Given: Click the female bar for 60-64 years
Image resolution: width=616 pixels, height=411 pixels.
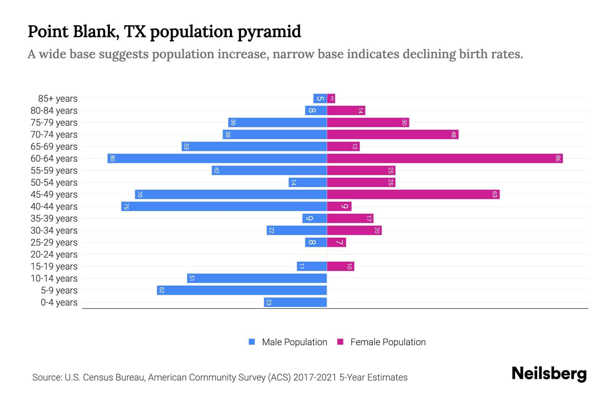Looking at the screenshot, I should tap(445, 159).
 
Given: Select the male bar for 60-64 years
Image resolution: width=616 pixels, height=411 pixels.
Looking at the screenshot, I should tap(217, 159).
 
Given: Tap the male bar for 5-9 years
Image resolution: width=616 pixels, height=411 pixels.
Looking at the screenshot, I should tap(242, 290).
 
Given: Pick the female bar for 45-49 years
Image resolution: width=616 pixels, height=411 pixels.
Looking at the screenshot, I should tap(413, 195).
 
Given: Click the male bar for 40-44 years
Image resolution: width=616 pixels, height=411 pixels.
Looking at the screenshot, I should tap(224, 207).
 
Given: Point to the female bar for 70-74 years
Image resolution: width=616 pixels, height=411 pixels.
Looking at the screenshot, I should tap(393, 135).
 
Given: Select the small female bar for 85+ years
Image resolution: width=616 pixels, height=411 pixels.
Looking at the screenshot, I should tap(331, 99).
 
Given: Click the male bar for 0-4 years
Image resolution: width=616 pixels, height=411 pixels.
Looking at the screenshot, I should tap(295, 302).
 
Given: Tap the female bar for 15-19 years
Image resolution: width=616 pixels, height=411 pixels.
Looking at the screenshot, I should tap(341, 266).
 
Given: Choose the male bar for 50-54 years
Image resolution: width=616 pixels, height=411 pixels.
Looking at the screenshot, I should tap(308, 183).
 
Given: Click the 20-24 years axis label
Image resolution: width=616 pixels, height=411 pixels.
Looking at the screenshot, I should tap(54, 254).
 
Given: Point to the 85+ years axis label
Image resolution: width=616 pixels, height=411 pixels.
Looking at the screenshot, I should tap(58, 99).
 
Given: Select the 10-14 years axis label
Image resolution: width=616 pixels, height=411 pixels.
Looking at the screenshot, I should tap(54, 278).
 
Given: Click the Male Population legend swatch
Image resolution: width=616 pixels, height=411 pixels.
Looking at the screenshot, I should tap(252, 342).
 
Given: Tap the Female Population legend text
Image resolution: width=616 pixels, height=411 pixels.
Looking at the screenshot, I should tap(388, 342).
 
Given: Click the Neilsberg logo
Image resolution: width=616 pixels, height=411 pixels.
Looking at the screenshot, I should tap(549, 374).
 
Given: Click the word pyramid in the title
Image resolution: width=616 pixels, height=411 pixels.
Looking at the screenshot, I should tap(269, 32).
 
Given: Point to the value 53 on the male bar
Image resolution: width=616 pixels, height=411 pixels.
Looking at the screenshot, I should tap(186, 147).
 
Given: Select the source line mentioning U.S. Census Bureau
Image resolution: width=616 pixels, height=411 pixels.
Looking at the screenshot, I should tap(220, 377).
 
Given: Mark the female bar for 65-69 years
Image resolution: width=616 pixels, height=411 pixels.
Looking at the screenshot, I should tap(343, 147).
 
